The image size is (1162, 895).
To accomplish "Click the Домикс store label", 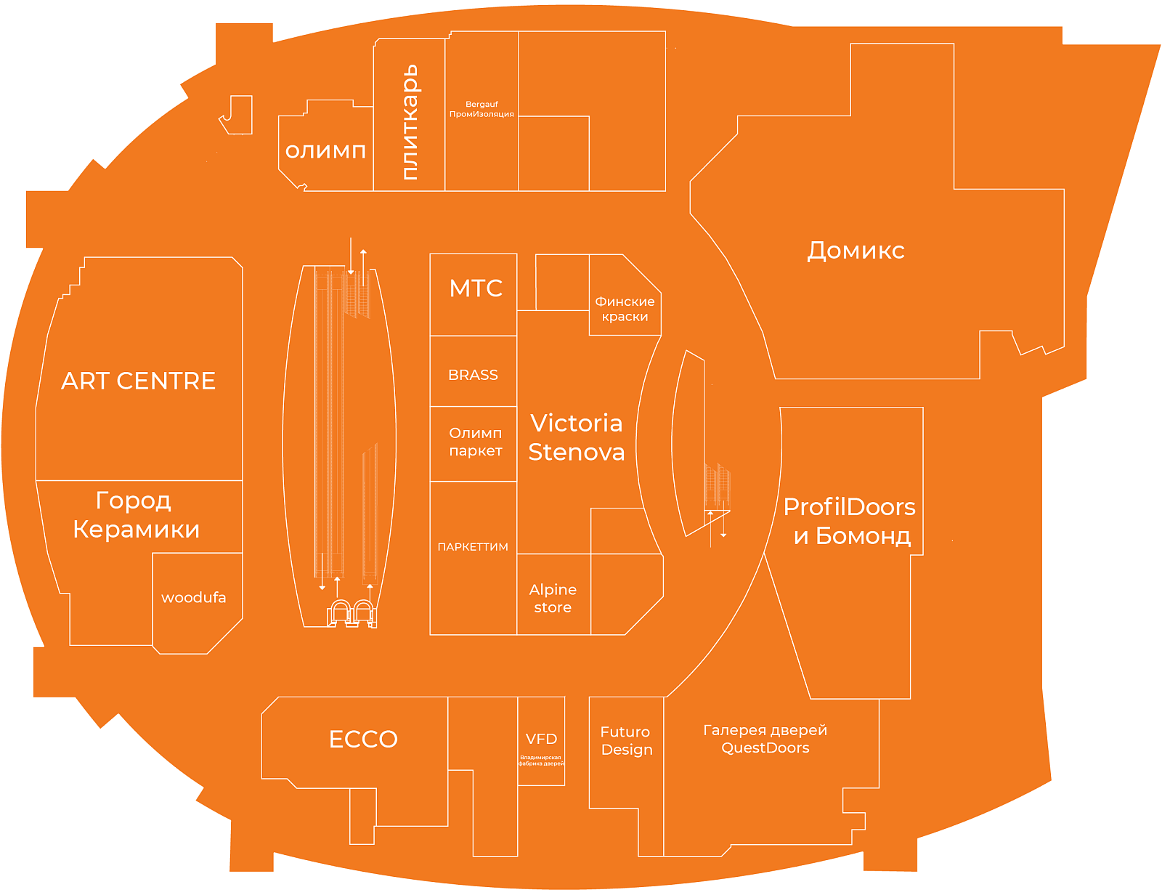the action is pos(856,251).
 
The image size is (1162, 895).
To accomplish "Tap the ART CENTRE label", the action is pos(139,381).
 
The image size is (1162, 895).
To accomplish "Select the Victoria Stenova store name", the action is pos(577,437).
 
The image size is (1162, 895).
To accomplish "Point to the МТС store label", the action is pos(476,288).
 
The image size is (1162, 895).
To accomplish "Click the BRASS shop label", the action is pos(473,375).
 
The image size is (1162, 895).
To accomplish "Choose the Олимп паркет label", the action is pos(476,442).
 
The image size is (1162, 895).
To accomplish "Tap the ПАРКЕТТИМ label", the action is pos(473,546).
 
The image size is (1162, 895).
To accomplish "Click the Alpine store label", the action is pos(553,599).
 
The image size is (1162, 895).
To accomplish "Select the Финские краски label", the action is pos(625,309).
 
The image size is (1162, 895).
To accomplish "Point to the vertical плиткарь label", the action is pos(410,122).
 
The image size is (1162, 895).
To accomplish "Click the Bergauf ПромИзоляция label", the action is pos(482,109).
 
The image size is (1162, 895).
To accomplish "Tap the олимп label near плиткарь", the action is pos(325,151).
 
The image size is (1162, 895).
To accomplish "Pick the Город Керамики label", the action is pos(136,515).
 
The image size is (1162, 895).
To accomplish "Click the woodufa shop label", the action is pos(194,597).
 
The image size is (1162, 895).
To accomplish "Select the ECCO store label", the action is pos(363,740).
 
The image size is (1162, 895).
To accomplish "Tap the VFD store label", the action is pos(541,739).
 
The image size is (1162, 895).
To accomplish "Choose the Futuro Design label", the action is pos(625,740).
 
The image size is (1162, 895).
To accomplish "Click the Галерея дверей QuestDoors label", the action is pos(765,739).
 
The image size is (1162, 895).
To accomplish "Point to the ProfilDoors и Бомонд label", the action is pos(849,522).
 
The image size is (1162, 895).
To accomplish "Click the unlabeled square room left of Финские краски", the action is pos(562,283).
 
